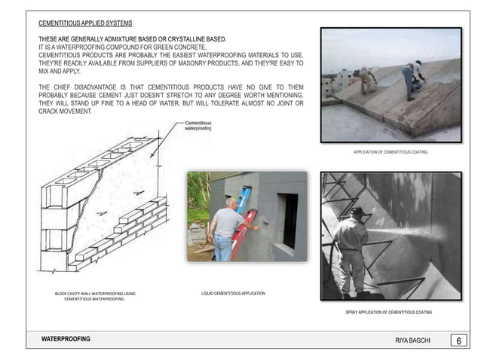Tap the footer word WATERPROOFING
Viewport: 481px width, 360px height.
click(66, 340)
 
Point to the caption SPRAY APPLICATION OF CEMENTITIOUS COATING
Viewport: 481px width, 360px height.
click(388, 311)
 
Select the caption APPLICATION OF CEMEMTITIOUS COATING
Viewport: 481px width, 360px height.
click(390, 152)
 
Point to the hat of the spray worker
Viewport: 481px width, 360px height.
click(357, 212)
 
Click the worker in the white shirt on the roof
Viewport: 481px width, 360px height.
click(412, 77)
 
